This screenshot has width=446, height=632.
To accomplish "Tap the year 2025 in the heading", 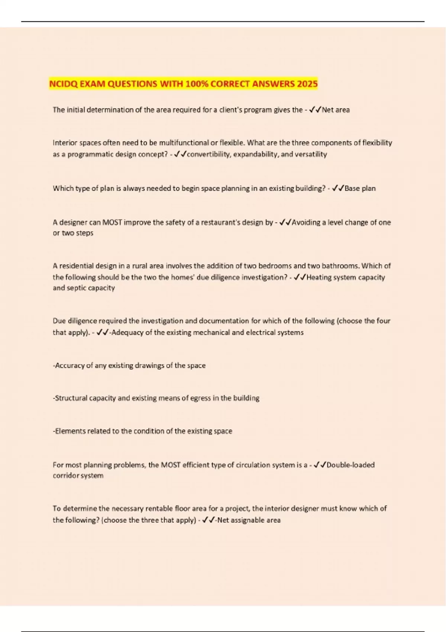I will (x=307, y=84).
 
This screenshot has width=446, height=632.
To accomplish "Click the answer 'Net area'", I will (x=336, y=110).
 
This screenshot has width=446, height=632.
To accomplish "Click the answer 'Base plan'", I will (x=360, y=188).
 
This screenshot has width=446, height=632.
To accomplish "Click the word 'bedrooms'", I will (x=275, y=266).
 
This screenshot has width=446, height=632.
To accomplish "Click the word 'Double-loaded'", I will (x=350, y=465).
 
